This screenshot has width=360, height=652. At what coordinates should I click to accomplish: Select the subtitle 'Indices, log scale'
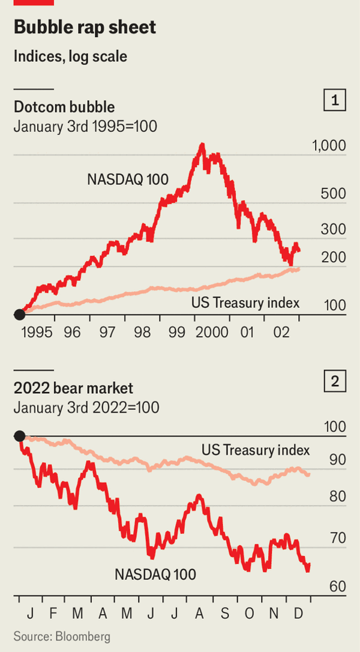point(70,56)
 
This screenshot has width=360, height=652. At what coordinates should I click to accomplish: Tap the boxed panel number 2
point(335,381)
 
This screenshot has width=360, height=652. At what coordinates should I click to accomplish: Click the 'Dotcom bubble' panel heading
point(64,107)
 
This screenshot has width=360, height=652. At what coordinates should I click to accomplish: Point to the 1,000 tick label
point(329,146)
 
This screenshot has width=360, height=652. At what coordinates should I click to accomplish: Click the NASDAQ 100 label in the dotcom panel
point(128,178)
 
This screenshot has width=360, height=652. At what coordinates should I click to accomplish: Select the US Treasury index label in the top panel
point(245,303)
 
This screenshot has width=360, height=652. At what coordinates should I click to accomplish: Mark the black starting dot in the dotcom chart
point(19,314)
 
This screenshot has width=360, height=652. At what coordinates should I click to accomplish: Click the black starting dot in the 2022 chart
point(19,436)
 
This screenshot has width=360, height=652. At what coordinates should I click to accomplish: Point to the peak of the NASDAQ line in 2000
point(202,145)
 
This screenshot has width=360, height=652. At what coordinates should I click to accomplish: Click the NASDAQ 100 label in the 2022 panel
point(155,575)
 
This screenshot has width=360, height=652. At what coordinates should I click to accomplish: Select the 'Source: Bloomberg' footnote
point(62,636)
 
